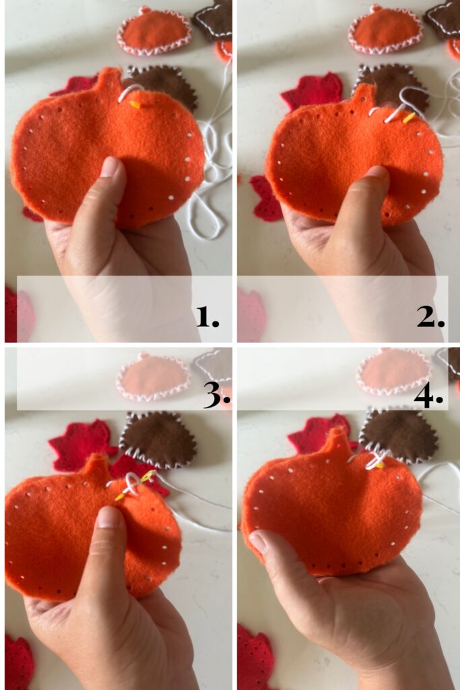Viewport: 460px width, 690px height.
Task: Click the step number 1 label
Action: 207,317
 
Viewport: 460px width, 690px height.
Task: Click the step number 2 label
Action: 431,317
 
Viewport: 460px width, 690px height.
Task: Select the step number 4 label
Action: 428,396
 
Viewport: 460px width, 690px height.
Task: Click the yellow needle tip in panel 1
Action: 135,104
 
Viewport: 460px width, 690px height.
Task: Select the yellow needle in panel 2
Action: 409,117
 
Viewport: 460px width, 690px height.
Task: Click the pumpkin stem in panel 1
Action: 110,80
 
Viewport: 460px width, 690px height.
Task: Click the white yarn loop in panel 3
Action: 133,484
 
